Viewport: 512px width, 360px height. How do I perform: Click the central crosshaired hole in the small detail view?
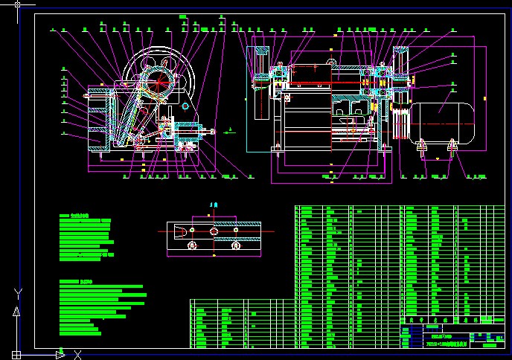point(214,231)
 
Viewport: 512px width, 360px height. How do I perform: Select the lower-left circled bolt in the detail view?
point(192,245)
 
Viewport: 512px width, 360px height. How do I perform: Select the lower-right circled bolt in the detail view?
point(235,245)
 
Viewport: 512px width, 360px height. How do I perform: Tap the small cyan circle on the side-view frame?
point(183,106)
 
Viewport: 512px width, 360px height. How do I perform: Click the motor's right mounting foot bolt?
point(450,149)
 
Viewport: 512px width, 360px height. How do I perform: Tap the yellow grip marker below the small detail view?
point(214,257)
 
